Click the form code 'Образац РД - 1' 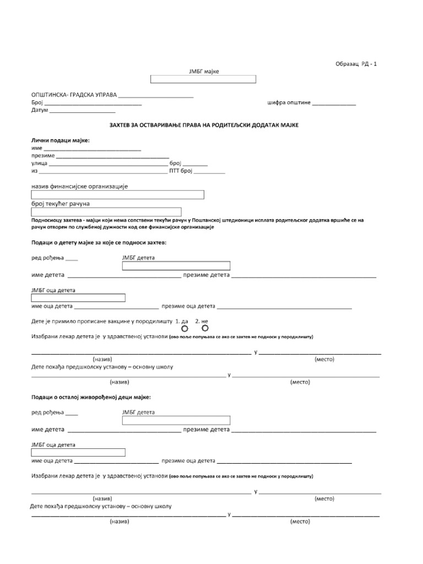click(x=356, y=64)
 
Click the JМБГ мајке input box click(x=203, y=79)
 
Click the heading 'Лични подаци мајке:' click(x=61, y=140)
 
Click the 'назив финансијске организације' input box click(x=118, y=194)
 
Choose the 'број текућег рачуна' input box click(x=106, y=212)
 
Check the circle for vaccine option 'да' click(x=185, y=328)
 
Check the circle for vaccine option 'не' click(x=205, y=328)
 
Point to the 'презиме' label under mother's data click(x=43, y=156)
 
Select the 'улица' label click(x=40, y=164)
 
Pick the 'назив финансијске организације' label click(x=79, y=187)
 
